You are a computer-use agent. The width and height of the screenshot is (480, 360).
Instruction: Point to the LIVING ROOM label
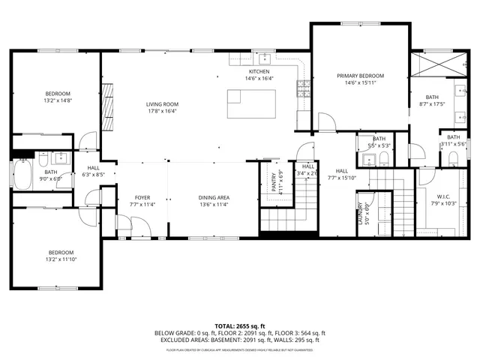tap(161, 104)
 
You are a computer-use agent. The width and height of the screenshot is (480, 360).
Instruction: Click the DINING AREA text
tap(214, 196)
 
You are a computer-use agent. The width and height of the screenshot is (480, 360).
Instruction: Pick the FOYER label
tap(142, 196)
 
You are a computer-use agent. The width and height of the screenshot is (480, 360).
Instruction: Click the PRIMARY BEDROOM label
tap(360, 76)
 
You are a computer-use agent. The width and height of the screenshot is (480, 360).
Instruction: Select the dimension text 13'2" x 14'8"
tap(57, 100)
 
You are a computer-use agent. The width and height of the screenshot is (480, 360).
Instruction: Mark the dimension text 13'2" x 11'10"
tap(61, 259)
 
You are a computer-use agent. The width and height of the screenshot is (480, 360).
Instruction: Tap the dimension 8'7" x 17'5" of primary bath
tap(433, 103)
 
